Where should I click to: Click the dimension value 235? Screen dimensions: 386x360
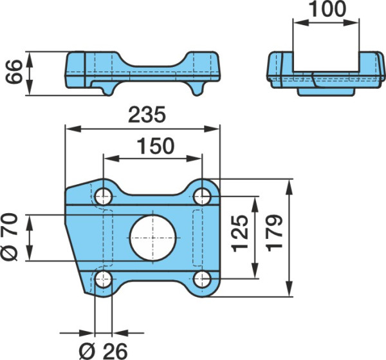pyautogui.click(x=147, y=115)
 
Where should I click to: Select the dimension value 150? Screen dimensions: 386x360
pyautogui.click(x=156, y=146)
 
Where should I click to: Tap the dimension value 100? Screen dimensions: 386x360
pyautogui.click(x=327, y=9)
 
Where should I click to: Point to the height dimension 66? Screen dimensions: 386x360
pyautogui.click(x=14, y=72)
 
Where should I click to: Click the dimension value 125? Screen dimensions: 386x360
pyautogui.click(x=240, y=234)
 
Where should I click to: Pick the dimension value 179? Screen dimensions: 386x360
pyautogui.click(x=275, y=233)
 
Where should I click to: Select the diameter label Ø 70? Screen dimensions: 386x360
pyautogui.click(x=10, y=237)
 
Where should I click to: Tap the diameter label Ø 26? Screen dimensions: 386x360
pyautogui.click(x=104, y=351)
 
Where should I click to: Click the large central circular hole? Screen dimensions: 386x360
pyautogui.click(x=153, y=238)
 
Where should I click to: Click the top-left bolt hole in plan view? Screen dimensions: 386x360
pyautogui.click(x=104, y=196)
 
